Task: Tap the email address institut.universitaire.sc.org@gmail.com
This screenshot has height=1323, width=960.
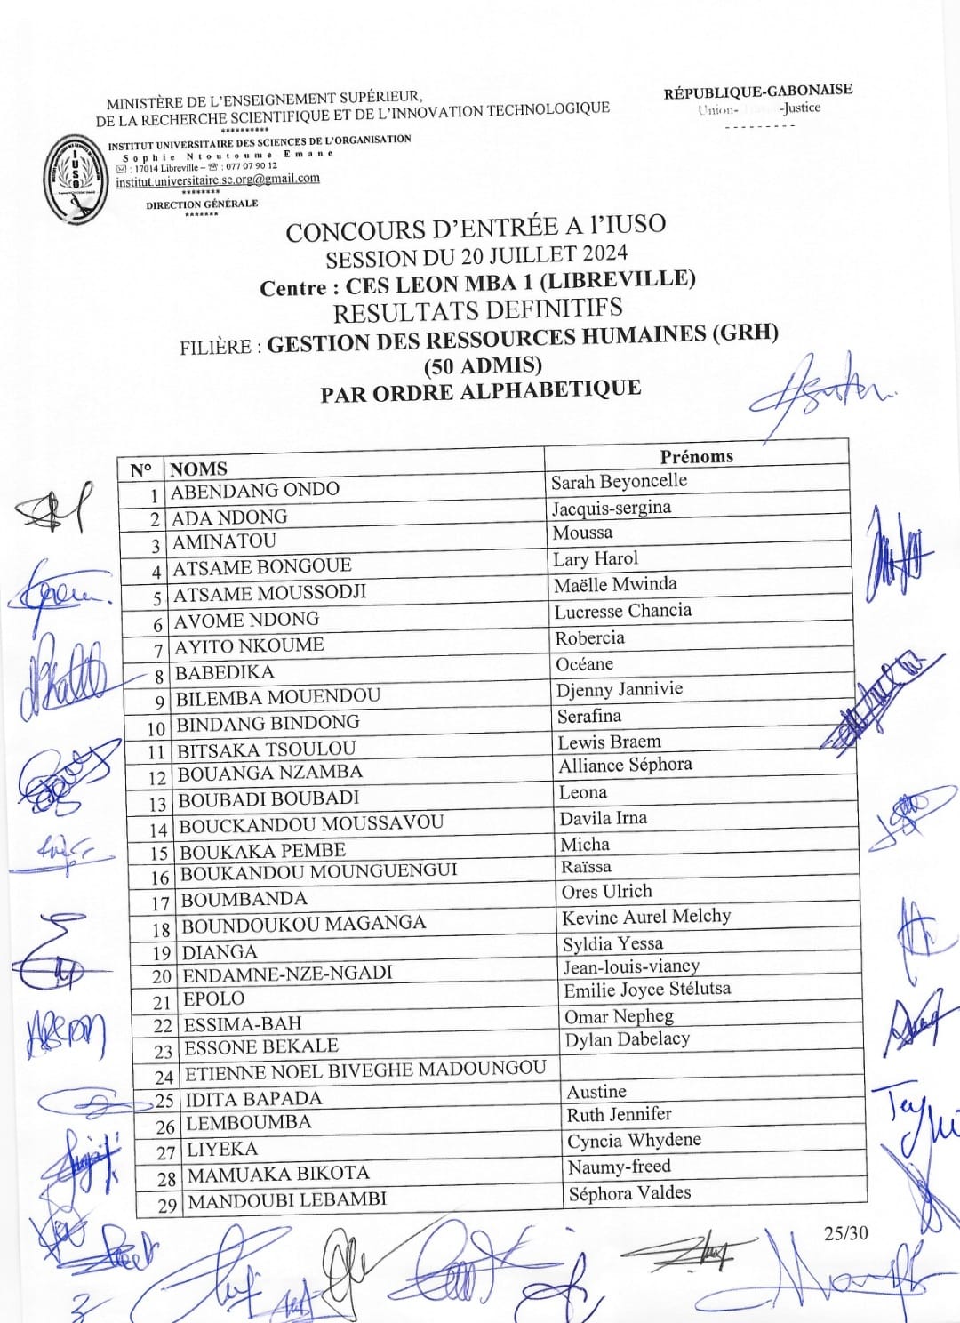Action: [x=217, y=180]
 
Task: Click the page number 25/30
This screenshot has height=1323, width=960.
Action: [x=845, y=1232]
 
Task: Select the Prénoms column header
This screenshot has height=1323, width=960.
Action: [x=696, y=456]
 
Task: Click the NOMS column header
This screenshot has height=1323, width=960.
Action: [x=198, y=469]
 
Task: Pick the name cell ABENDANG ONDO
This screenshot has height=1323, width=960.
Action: [x=255, y=491]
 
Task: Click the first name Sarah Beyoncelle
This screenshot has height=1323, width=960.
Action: [x=619, y=482]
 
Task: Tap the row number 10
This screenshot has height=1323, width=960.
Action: [x=156, y=729]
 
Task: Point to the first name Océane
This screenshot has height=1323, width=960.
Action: [x=584, y=664]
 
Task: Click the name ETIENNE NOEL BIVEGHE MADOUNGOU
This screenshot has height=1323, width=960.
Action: [x=365, y=1070]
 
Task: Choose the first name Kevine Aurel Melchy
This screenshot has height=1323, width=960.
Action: [x=646, y=917]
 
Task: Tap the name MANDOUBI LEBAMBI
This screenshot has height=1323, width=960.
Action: [x=287, y=1199]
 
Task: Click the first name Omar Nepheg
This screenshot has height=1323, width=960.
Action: [x=619, y=1015]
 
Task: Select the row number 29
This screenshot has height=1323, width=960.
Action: [x=168, y=1206]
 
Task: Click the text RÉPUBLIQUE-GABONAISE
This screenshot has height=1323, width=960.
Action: [x=757, y=91]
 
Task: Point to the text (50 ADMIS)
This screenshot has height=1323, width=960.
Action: [x=483, y=365]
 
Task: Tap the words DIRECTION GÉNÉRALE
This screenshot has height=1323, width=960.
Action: [x=202, y=204]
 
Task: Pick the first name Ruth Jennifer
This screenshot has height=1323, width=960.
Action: [x=619, y=1114]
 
